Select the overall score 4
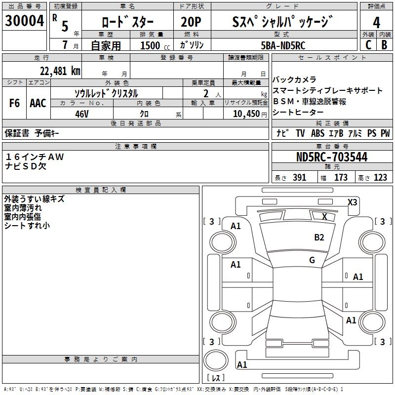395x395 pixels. (377, 22)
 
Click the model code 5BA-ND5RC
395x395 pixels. (283, 45)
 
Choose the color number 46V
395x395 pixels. (81, 113)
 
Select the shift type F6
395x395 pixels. (15, 103)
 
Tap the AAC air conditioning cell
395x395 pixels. (38, 103)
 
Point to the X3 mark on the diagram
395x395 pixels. (353, 202)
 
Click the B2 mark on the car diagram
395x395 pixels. (319, 237)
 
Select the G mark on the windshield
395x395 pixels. (312, 260)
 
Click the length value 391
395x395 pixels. (300, 178)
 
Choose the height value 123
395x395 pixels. (380, 178)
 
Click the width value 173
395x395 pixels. (341, 178)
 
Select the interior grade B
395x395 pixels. (384, 45)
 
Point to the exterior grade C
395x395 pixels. (368, 45)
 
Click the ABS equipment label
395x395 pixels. (317, 133)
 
